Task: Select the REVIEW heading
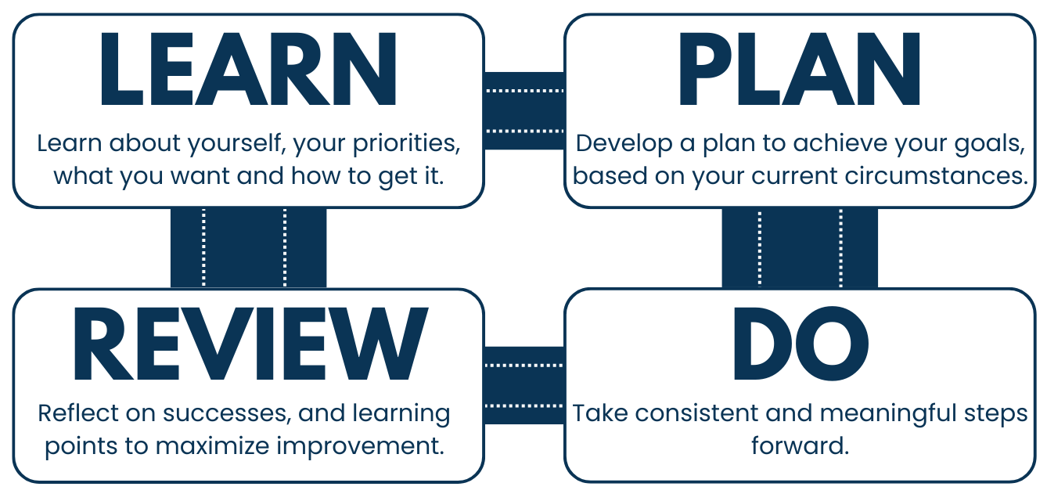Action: [x=248, y=344]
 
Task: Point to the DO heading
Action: [x=799, y=344]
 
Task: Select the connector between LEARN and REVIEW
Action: [x=248, y=248]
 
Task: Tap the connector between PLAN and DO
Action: [x=800, y=248]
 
